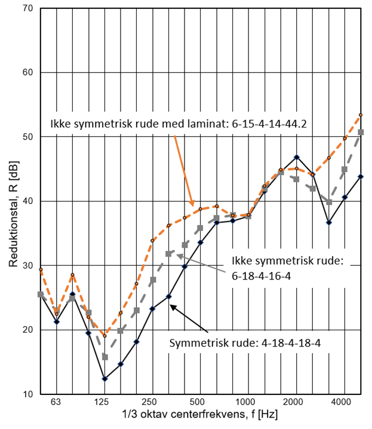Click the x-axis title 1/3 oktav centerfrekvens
click(199, 414)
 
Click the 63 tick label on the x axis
click(56, 402)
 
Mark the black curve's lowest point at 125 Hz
click(104, 379)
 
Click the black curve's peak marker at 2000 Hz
click(297, 157)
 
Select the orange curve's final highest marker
click(361, 115)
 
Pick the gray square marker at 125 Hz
click(104, 357)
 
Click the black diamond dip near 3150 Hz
click(328, 222)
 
